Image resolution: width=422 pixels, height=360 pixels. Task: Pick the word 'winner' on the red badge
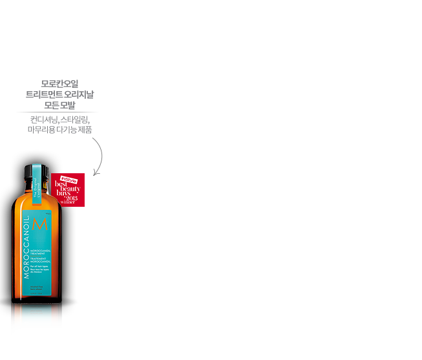pos(68,204)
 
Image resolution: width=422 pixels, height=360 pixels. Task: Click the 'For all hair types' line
pos(40,266)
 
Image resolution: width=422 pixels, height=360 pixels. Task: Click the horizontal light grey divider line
pos(57,111)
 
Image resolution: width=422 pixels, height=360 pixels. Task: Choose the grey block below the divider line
pos(57,124)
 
